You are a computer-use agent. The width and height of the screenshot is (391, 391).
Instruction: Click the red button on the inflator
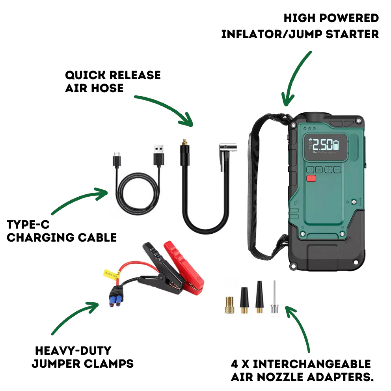[x=311, y=178]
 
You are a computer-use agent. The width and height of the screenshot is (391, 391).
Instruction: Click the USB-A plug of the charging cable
[x=158, y=155]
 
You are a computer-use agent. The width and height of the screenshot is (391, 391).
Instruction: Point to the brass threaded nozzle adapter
[x=229, y=305]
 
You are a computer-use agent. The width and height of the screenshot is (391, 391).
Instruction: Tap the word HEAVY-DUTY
[x=73, y=350]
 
